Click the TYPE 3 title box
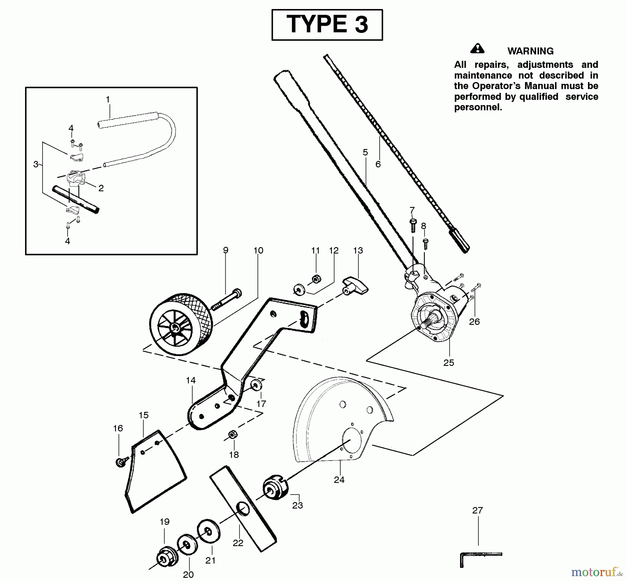tap(327, 25)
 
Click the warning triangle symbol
tap(477, 49)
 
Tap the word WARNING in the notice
tap(530, 51)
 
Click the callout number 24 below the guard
tap(339, 480)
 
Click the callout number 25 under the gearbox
tap(449, 363)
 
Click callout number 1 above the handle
tap(108, 100)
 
